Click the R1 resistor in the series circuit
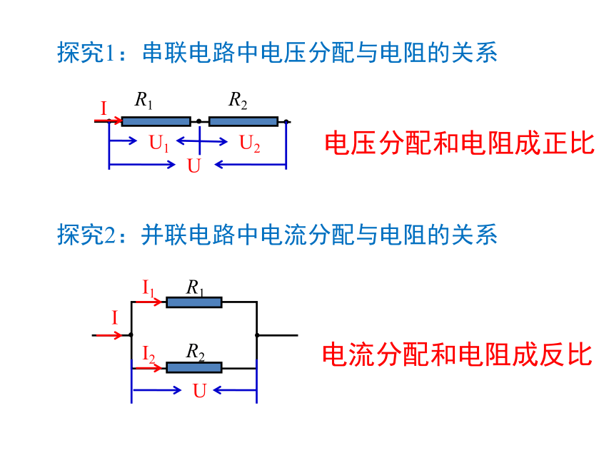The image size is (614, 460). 156,121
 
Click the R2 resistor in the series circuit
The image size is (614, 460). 243,121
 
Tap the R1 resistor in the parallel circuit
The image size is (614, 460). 193,302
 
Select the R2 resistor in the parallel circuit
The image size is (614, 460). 193,368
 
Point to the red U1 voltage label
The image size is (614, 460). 159,143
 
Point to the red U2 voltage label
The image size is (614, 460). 249,143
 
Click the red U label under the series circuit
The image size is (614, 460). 193,165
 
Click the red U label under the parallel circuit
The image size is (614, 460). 199,391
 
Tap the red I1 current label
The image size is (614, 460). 148,289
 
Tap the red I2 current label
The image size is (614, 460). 149,354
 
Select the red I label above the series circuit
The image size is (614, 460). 104,108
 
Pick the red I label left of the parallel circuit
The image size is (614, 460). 115,317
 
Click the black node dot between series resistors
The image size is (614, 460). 199,121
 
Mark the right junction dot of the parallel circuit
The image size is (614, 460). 257,335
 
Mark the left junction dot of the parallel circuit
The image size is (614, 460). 131,334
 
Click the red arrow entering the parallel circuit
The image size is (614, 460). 109,335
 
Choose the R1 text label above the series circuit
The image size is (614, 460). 144,100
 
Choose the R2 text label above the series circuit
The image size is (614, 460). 238,100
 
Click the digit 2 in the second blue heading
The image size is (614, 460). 110,235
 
